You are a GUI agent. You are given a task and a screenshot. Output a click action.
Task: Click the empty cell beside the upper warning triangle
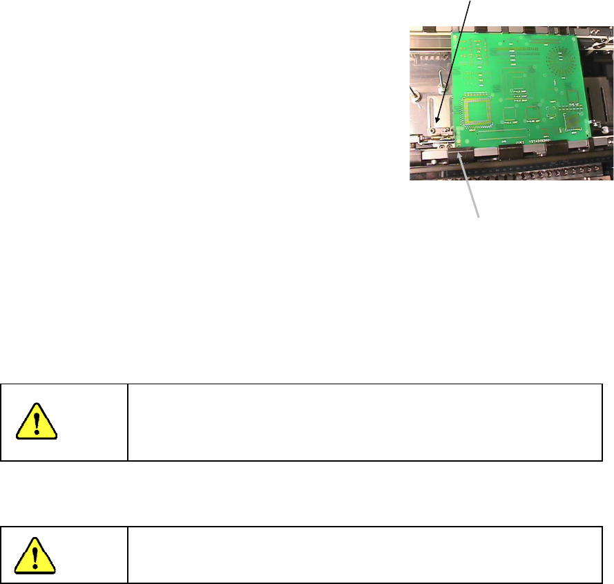pyautogui.click(x=364, y=422)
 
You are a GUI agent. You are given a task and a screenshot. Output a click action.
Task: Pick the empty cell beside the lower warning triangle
pyautogui.click(x=364, y=554)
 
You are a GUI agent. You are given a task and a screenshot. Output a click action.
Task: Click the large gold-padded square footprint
pyautogui.click(x=480, y=111)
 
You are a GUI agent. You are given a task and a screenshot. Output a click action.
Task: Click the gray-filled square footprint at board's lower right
pyautogui.click(x=573, y=123)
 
